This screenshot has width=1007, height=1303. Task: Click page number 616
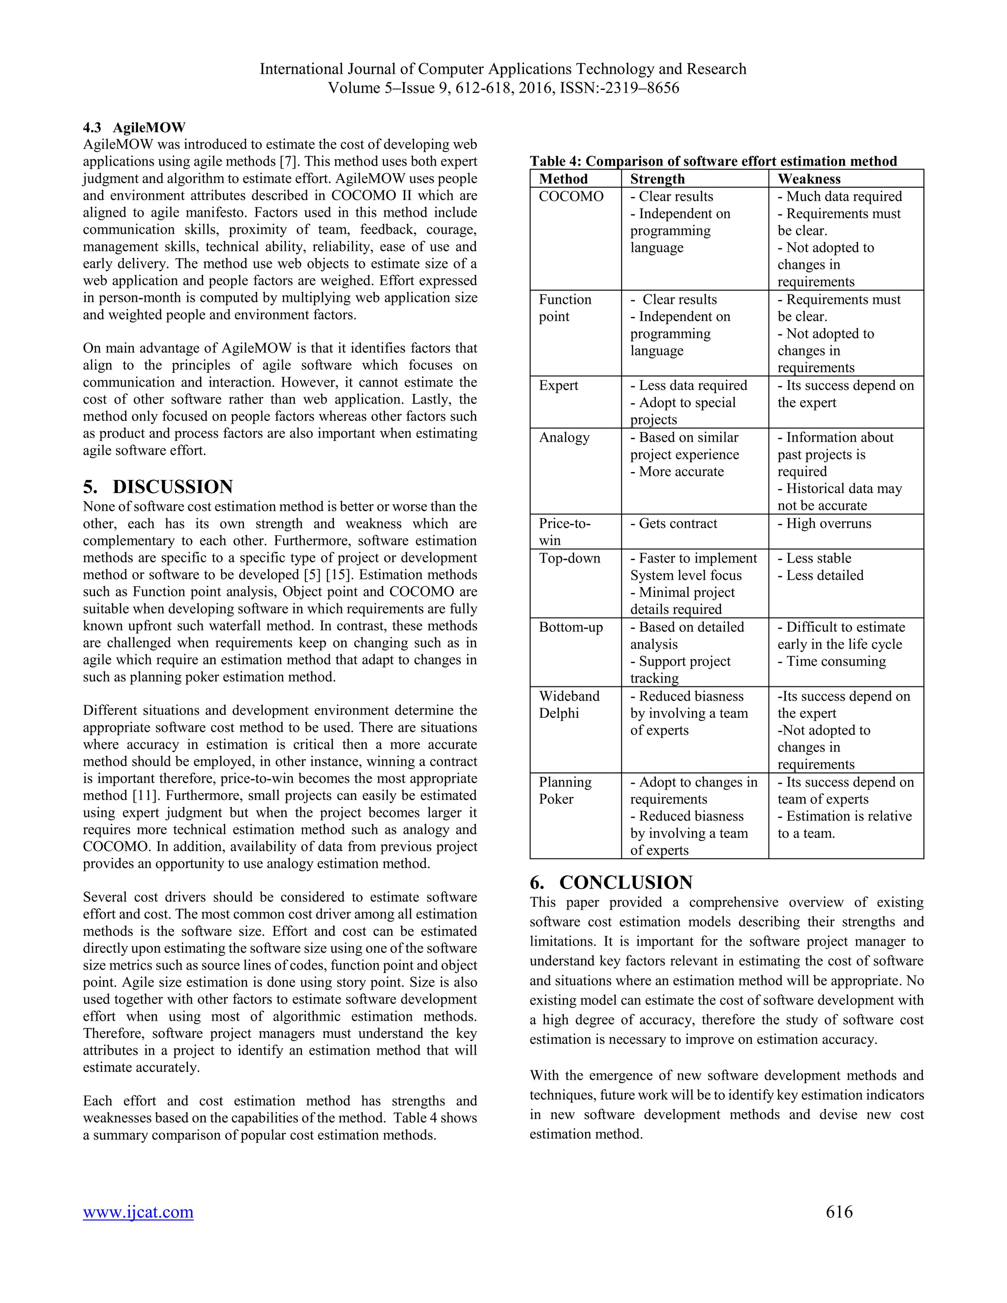click(x=839, y=1211)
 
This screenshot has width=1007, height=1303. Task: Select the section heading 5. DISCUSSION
click(x=158, y=486)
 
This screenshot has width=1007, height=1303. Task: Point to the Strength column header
click(x=657, y=179)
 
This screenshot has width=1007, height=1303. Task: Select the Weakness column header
click(x=808, y=179)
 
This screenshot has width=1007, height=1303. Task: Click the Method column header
click(x=563, y=179)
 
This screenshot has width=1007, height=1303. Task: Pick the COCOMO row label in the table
click(x=571, y=196)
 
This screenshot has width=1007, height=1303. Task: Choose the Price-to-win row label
click(x=564, y=531)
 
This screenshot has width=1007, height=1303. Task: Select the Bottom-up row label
click(x=570, y=627)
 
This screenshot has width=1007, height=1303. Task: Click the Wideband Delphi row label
click(x=568, y=704)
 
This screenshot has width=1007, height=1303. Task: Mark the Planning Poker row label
click(x=564, y=790)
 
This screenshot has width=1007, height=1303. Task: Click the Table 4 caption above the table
click(x=713, y=161)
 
